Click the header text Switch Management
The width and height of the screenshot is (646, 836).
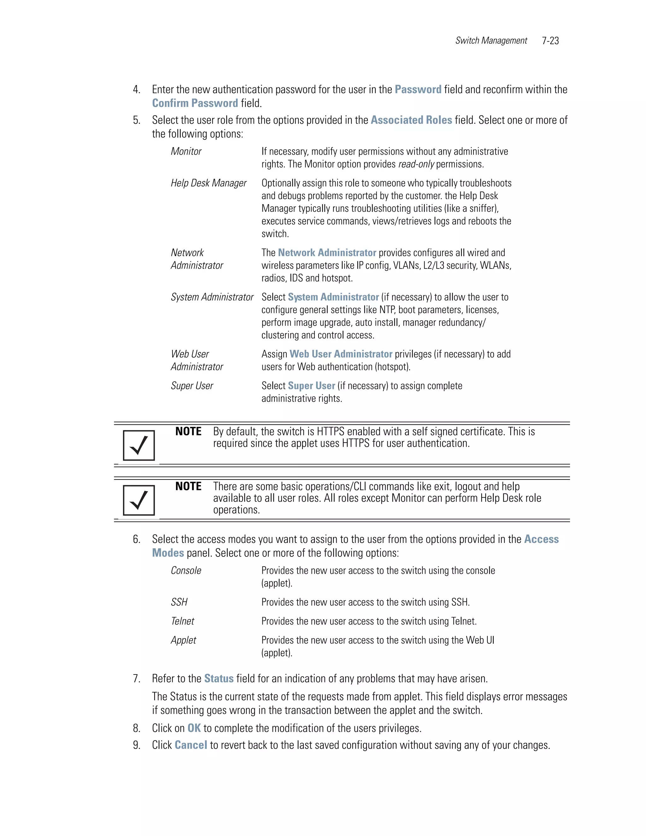tap(491, 41)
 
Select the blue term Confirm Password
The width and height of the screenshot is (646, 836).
tap(195, 103)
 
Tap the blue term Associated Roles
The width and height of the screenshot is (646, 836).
tap(411, 120)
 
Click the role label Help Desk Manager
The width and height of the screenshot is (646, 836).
tap(208, 183)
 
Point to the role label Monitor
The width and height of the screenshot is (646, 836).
tap(186, 151)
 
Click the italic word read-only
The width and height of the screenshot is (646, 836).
tap(416, 164)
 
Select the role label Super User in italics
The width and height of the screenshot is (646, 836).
tap(192, 386)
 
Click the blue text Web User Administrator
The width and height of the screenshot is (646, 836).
tap(341, 354)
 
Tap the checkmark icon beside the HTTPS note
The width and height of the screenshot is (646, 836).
tap(138, 445)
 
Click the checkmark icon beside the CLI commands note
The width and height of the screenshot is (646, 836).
tap(138, 500)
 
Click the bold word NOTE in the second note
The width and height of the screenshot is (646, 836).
tap(188, 486)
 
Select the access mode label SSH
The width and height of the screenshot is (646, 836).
tap(179, 602)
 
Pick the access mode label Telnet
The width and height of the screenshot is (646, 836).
tap(183, 621)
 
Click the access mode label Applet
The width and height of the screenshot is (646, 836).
tap(183, 640)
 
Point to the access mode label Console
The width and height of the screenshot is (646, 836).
tap(186, 571)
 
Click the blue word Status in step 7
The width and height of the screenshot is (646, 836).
tap(219, 679)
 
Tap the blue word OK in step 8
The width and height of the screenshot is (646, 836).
tap(194, 728)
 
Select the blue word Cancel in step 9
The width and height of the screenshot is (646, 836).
tap(191, 745)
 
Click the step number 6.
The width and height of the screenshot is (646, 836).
tap(136, 539)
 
